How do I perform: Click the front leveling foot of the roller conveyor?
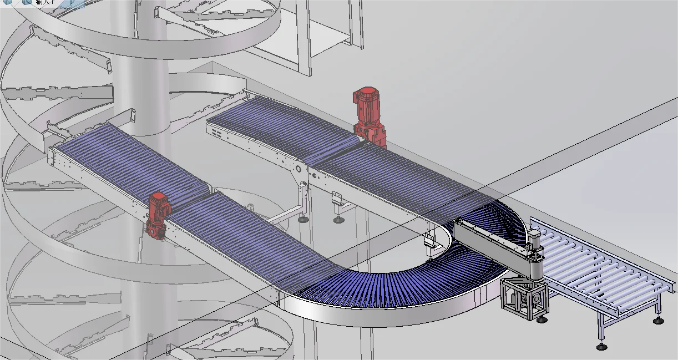click(602, 347)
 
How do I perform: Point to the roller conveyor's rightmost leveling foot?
click(658, 321)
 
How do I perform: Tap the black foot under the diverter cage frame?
click(542, 320)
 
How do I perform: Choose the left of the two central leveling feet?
click(303, 220)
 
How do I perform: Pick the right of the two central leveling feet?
click(338, 220)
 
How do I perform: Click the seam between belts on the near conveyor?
click(211, 192)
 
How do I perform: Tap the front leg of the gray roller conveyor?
click(602, 330)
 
